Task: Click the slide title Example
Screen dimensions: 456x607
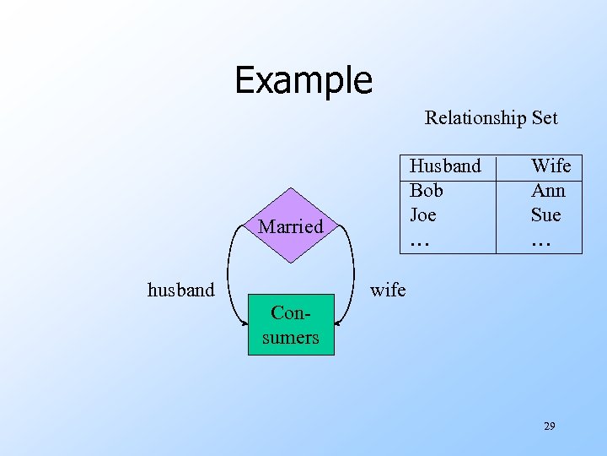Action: (303, 80)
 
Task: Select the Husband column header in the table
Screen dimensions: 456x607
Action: (445, 166)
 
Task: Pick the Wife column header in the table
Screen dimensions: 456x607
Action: (551, 166)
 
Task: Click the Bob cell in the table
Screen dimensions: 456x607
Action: (426, 190)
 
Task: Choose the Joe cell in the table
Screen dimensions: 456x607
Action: (422, 214)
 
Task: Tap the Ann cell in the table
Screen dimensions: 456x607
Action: (548, 190)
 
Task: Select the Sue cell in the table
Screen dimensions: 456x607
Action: (545, 214)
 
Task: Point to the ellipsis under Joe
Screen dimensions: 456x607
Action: (419, 242)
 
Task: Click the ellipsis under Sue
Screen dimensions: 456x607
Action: (540, 242)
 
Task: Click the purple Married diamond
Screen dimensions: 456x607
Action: (291, 225)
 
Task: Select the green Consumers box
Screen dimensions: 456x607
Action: (291, 324)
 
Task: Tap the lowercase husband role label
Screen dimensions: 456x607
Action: (181, 290)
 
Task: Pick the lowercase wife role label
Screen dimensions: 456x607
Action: (388, 290)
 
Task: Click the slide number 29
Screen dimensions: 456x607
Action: (549, 426)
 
